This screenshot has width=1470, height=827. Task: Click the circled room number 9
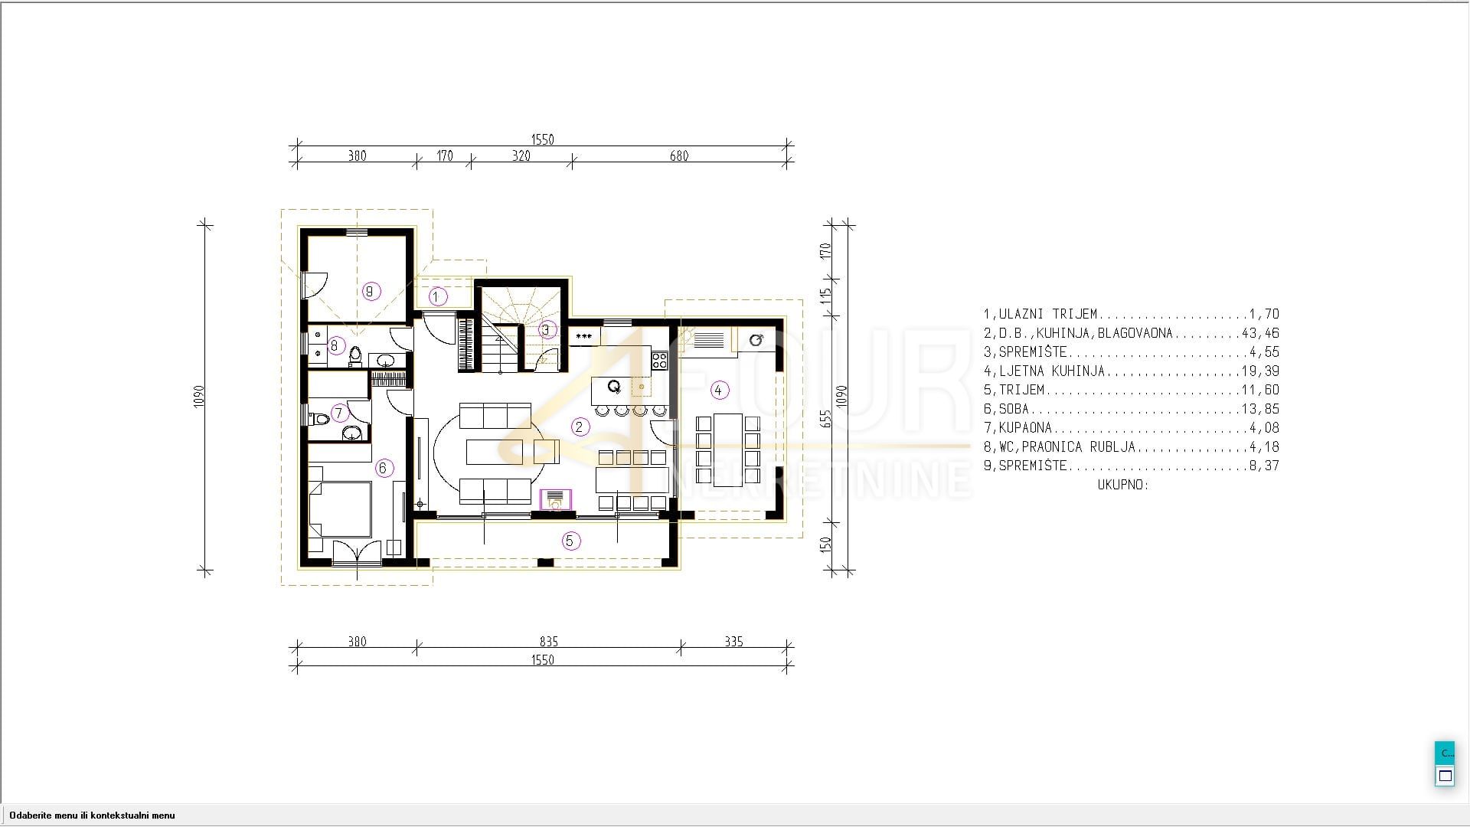[x=371, y=291]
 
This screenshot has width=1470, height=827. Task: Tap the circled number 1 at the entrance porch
[x=438, y=296]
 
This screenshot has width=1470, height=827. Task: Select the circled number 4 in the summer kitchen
[x=718, y=390]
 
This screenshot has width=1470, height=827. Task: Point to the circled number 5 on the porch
[x=569, y=541]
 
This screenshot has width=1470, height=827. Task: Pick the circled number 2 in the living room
[x=580, y=427]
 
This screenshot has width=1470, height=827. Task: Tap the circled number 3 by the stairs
[x=546, y=330]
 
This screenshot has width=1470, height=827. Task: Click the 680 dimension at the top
[x=679, y=156]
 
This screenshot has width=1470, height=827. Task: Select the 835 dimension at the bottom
[x=549, y=642]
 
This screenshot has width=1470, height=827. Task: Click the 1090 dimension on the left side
[x=199, y=395]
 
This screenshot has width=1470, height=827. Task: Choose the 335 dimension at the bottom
[x=733, y=642]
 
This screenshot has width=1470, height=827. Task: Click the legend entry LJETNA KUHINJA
[x=1052, y=371]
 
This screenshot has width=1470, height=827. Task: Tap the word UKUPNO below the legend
[x=1123, y=485]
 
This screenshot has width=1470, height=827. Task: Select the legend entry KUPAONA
[x=1025, y=427]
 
